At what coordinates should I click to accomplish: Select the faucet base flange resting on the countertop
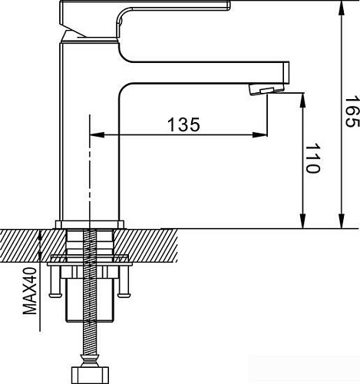tap(91, 225)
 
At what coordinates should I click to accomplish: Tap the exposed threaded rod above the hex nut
tap(91, 338)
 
